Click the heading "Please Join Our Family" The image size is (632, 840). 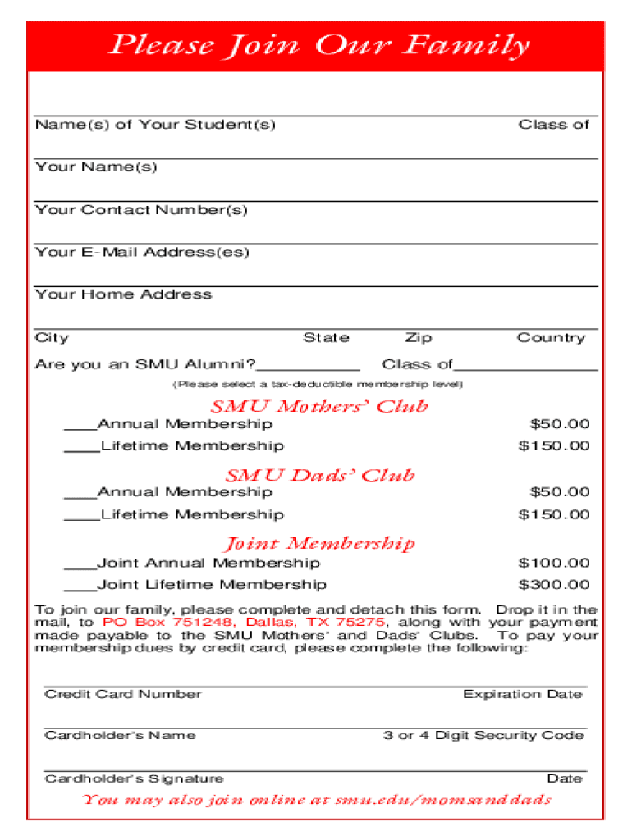tap(320, 45)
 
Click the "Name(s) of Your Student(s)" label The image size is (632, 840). tap(155, 125)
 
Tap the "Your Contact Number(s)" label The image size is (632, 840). tap(141, 210)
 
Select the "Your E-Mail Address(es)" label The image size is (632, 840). tap(142, 252)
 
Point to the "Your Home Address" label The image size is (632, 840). tap(123, 294)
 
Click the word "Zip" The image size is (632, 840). tap(418, 338)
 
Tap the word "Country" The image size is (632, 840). tap(551, 338)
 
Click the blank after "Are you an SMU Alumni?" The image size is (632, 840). tap(308, 365)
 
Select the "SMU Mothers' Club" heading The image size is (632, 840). tap(319, 406)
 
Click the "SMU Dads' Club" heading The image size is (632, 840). tap(320, 475)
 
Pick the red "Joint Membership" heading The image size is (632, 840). tap(320, 543)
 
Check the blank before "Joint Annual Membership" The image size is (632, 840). tap(80, 564)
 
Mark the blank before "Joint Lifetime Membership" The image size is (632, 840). tap(80, 586)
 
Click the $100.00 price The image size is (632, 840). tap(554, 564)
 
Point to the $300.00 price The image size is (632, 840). tap(554, 585)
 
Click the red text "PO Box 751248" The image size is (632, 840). tap(170, 622)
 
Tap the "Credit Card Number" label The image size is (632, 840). tap(123, 694)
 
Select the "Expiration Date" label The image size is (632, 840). tap(523, 694)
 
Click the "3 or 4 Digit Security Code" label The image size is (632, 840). tap(483, 736)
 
